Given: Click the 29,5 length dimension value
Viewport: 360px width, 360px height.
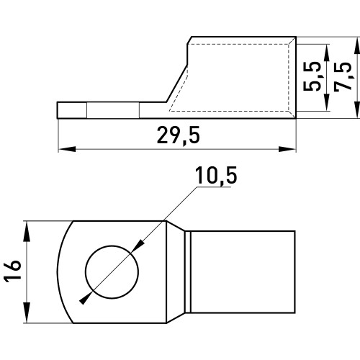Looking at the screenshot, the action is click(179, 135).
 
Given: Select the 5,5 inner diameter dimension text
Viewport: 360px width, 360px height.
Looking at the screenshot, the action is click(312, 76).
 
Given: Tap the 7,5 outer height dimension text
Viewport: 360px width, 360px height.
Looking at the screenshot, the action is click(343, 77).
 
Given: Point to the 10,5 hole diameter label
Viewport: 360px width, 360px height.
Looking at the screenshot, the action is click(216, 176).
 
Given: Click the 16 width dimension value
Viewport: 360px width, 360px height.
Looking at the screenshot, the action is click(12, 271).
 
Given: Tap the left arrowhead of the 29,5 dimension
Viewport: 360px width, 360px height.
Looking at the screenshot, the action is click(67, 149).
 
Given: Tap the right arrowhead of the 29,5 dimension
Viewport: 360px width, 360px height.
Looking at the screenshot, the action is click(287, 149).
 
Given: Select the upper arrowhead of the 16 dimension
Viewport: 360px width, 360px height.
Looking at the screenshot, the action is click(27, 231).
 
